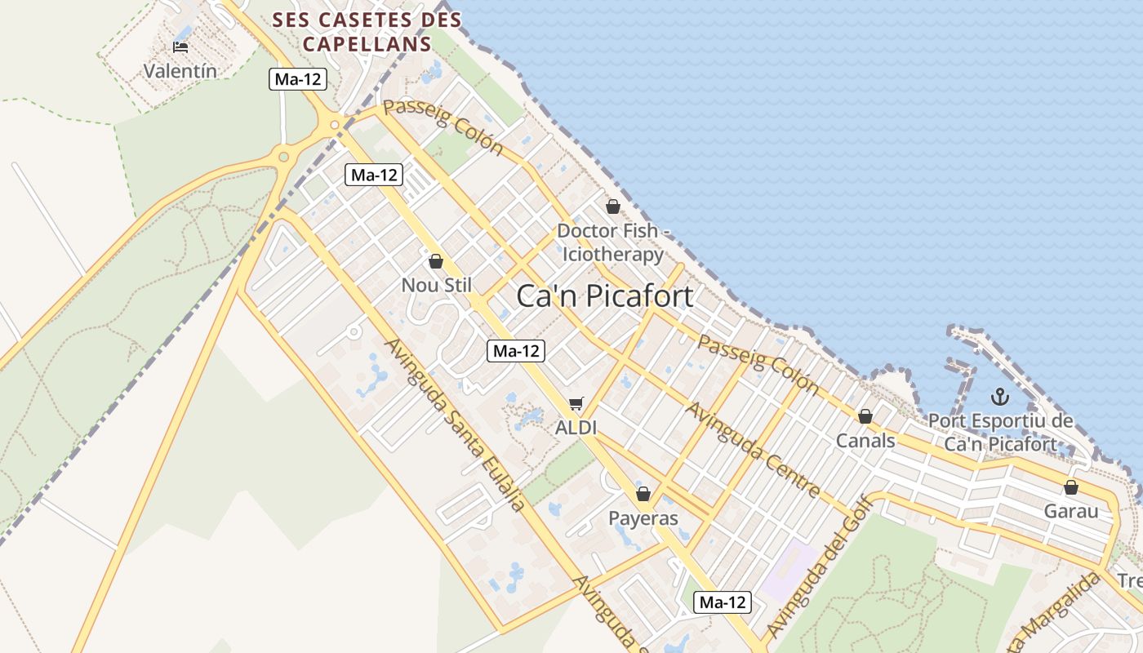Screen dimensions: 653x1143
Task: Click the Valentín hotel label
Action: click(180, 71)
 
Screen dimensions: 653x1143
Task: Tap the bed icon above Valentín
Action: click(180, 47)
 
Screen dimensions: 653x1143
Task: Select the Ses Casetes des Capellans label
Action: click(367, 31)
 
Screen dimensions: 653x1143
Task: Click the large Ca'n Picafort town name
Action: click(605, 295)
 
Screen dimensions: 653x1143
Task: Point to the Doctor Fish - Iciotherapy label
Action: click(613, 242)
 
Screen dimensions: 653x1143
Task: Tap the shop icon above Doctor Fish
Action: click(613, 207)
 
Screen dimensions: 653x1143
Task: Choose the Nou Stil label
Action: click(436, 285)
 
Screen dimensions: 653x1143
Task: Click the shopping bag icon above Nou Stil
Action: click(436, 261)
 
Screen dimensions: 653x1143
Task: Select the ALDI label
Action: click(576, 427)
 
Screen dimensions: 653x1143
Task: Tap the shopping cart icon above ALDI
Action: click(576, 403)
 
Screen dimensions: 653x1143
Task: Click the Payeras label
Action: click(643, 518)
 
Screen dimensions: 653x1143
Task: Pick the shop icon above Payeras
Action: click(643, 494)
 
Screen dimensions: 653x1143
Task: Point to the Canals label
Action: click(865, 441)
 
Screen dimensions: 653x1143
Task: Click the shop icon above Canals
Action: click(865, 417)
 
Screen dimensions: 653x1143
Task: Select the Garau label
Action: click(1071, 512)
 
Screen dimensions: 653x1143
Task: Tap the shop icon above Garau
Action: click(1071, 488)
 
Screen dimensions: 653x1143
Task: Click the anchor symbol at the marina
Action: click(1000, 398)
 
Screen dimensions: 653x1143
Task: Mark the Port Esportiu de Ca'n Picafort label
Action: click(1000, 433)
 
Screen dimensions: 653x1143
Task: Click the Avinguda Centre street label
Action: click(752, 449)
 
